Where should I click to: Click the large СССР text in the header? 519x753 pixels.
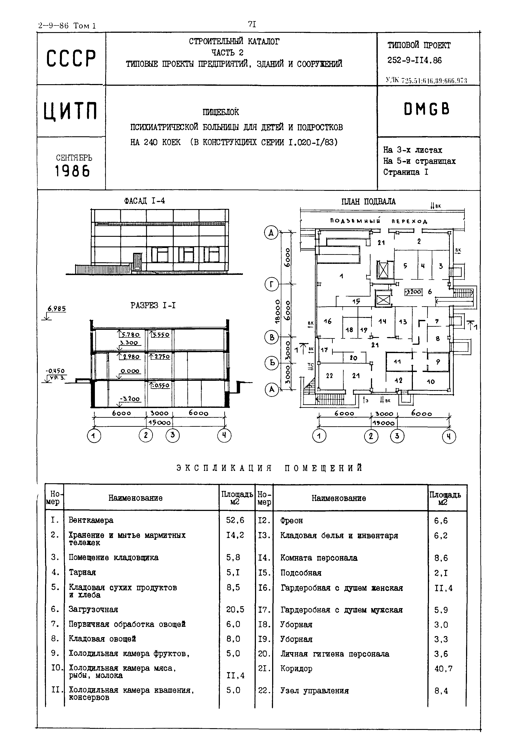71,58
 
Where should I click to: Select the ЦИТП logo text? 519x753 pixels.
71,111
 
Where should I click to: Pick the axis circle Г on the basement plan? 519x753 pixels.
271,285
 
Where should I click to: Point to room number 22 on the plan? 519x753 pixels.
329,376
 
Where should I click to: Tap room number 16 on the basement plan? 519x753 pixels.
327,321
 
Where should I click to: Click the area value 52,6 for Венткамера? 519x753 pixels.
235,520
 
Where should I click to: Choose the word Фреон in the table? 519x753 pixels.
291,521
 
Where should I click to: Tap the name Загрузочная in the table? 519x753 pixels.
93,609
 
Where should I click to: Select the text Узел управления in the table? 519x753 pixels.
315,691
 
